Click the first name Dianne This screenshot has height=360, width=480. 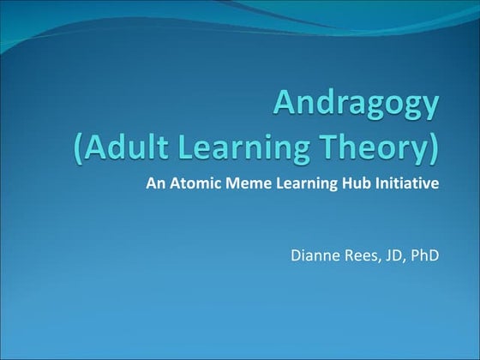pyautogui.click(x=315, y=254)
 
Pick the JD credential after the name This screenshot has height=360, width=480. pyautogui.click(x=392, y=254)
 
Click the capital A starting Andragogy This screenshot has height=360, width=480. pyautogui.click(x=286, y=104)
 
